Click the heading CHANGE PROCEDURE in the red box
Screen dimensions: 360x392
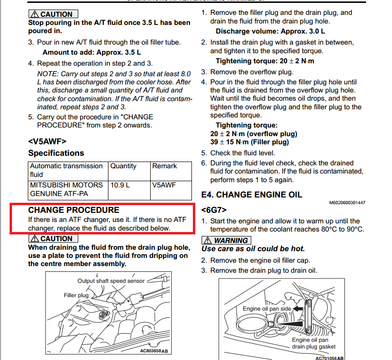tap(73, 210)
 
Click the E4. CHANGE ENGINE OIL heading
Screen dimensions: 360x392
tap(251, 195)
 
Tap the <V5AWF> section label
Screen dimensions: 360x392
tap(47, 141)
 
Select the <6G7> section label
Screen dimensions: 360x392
tap(214, 210)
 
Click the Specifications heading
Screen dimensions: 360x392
tap(56, 153)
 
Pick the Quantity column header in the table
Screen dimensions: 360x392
tap(123, 166)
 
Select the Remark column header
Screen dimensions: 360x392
tap(164, 166)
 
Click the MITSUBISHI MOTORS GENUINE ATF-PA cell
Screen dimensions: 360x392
tap(66, 189)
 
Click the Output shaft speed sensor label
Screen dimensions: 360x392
tap(111, 281)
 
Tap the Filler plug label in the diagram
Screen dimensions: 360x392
tap(76, 295)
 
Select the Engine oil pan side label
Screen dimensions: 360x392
tap(267, 309)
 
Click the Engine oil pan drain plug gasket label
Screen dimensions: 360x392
tap(314, 343)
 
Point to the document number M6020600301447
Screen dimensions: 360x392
tap(347, 203)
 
